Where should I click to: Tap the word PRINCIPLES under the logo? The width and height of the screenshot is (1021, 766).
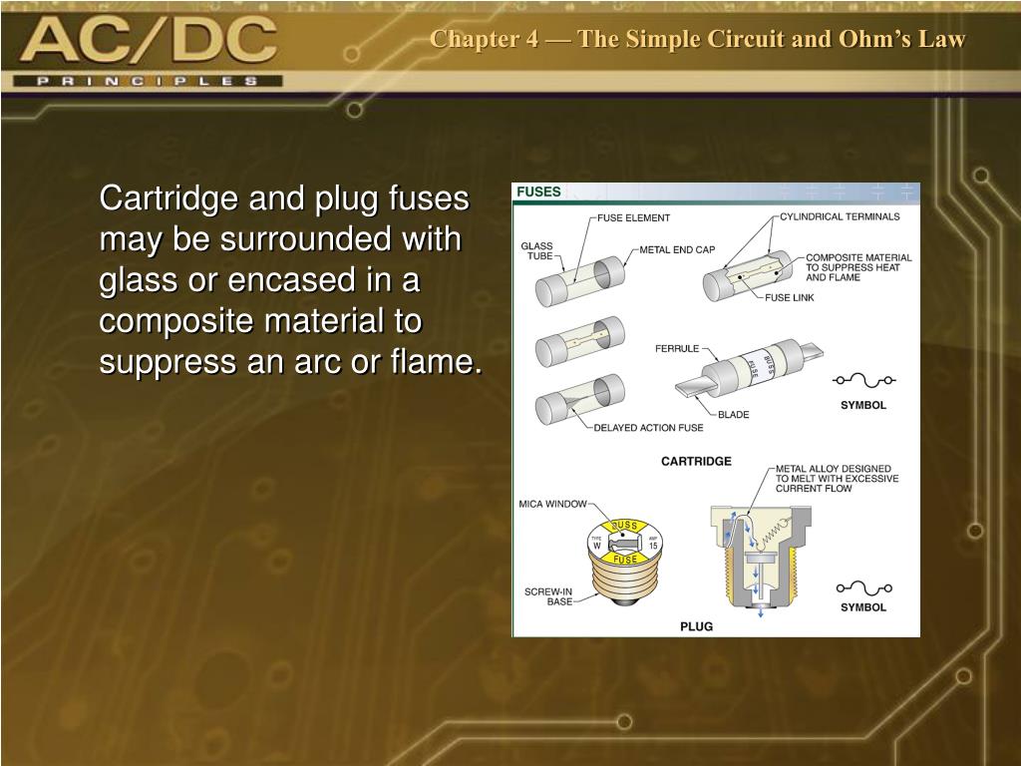pos(148,81)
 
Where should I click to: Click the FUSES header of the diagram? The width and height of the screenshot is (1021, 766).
pos(539,191)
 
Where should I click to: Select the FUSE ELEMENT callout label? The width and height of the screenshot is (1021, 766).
pos(633,217)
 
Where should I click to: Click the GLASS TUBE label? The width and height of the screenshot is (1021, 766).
pos(536,251)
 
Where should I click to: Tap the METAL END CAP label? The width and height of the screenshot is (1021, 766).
pos(677,249)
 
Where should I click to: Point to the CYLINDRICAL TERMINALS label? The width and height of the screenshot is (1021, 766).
pos(840,216)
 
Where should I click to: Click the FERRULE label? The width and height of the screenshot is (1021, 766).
pos(677,349)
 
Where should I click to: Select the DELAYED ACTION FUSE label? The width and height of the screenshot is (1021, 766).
pos(648,428)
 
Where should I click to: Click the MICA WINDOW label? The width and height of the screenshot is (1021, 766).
pos(552,505)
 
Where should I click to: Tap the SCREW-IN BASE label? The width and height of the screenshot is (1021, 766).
pos(548,596)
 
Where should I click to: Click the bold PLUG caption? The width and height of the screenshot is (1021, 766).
pos(696,626)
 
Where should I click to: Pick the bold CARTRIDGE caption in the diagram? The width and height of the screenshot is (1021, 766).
pos(696,461)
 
